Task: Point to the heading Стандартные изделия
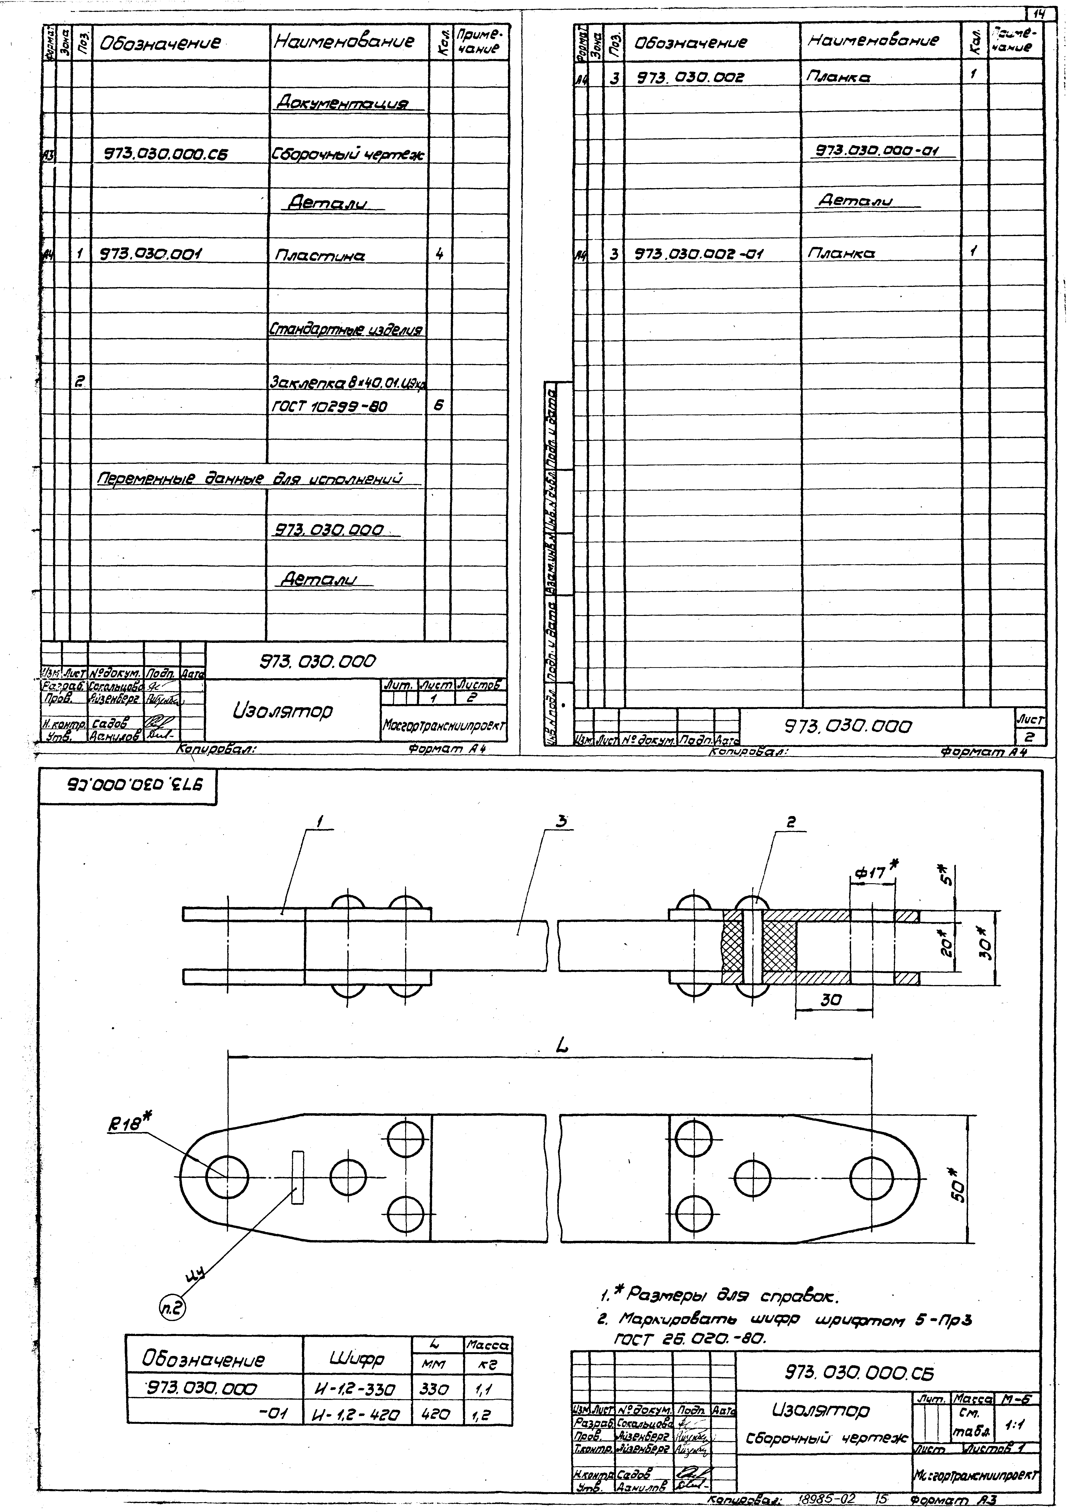click(x=346, y=329)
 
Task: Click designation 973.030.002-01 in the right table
click(x=698, y=253)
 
